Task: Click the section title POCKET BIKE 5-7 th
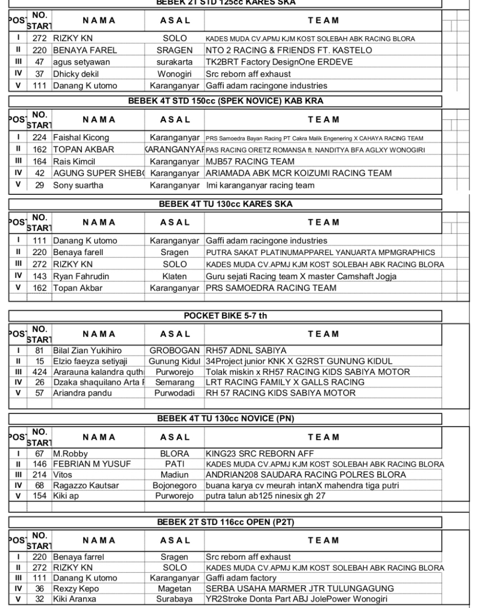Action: pyautogui.click(x=225, y=316)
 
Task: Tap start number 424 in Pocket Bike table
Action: pyautogui.click(x=39, y=372)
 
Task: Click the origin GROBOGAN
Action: pyautogui.click(x=174, y=351)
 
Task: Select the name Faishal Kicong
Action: pyautogui.click(x=81, y=138)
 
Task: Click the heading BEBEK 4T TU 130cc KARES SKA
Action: pyautogui.click(x=225, y=204)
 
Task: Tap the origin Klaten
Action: pyautogui.click(x=174, y=276)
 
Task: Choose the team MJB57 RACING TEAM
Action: pyautogui.click(x=250, y=161)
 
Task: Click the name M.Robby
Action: pyautogui.click(x=70, y=454)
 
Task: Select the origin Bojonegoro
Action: pyautogui.click(x=174, y=485)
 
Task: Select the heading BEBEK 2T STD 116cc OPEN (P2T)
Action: pyautogui.click(x=225, y=522)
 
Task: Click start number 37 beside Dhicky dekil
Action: pyautogui.click(x=39, y=74)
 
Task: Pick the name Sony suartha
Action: pyautogui.click(x=78, y=185)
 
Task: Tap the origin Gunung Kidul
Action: pyautogui.click(x=174, y=361)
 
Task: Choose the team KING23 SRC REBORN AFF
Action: pyautogui.click(x=259, y=454)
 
